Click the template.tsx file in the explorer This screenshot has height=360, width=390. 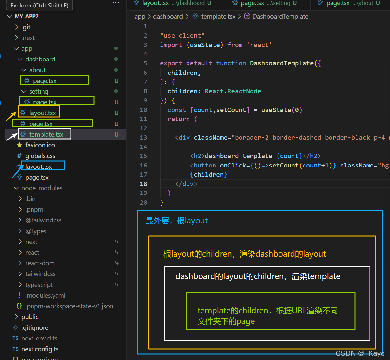coord(46,134)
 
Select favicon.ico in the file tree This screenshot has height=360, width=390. coord(40,145)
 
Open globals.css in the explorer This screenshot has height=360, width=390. coord(40,156)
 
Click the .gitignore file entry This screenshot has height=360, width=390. coord(35,327)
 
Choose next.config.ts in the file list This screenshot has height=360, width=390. coord(40,349)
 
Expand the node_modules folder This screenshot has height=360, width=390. coord(42,188)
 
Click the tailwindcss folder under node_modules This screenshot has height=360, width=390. coord(40,274)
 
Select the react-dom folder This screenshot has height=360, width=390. coord(40,263)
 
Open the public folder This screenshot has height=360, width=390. coord(30,317)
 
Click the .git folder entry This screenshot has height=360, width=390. coord(26,27)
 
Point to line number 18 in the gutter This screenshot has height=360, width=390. coord(143,184)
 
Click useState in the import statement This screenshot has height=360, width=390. coord(205,45)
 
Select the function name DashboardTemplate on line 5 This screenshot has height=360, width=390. coord(281,63)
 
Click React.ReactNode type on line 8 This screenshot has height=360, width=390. coord(233,91)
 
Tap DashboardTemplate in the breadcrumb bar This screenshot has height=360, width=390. coord(280,16)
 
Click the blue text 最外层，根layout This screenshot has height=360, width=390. coord(176,221)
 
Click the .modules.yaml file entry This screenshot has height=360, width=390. coord(45,295)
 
